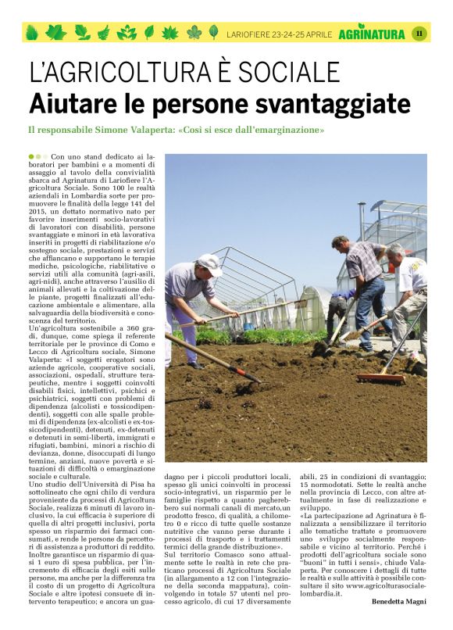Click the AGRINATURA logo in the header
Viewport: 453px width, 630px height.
coord(372,33)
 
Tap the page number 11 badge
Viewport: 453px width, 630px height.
coord(419,33)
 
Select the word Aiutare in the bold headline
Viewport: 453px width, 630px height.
coord(73,103)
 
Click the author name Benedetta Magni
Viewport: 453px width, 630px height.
coord(398,600)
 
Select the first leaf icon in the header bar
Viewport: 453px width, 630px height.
coord(32,33)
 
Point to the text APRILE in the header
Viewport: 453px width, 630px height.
coord(318,34)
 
